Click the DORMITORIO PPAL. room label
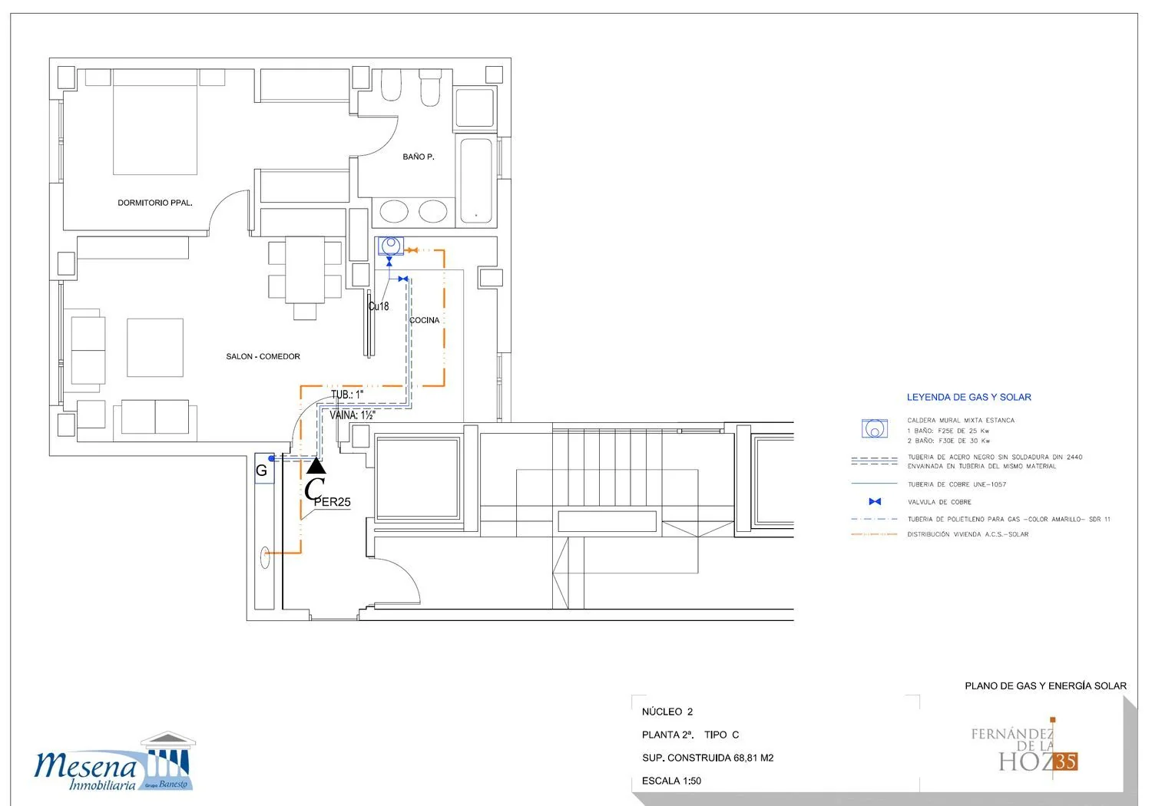(x=155, y=203)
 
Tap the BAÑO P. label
(x=418, y=157)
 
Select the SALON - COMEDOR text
(x=263, y=357)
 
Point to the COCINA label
(x=424, y=320)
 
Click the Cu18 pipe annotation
(x=379, y=306)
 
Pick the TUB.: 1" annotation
(x=347, y=395)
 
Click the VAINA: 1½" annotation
(x=353, y=415)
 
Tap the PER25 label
(x=333, y=502)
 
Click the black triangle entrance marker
(x=316, y=466)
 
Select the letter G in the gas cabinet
(x=261, y=471)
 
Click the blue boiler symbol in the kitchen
(x=391, y=246)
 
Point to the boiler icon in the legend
(x=874, y=428)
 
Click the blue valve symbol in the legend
(x=875, y=502)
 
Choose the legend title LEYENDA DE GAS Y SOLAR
(x=969, y=398)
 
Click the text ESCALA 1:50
(x=671, y=781)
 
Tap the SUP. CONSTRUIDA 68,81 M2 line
(x=707, y=758)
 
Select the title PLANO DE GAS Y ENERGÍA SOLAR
(x=1045, y=685)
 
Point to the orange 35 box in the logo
(x=1065, y=761)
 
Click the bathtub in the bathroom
(x=476, y=180)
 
